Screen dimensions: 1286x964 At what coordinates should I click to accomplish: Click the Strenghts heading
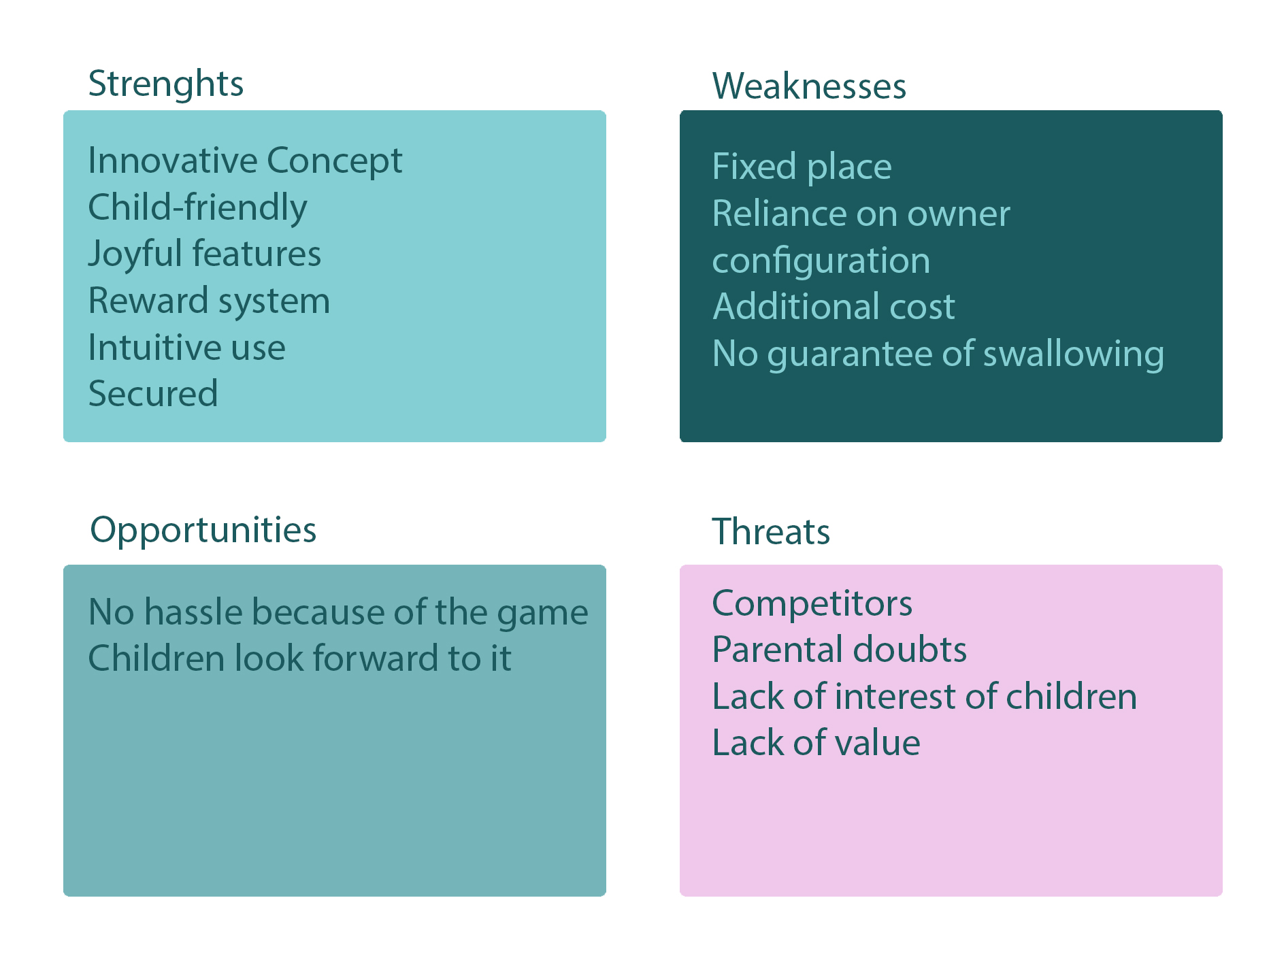166,84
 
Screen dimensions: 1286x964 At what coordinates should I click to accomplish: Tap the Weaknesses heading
809,86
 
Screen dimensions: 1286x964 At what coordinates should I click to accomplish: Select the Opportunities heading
203,531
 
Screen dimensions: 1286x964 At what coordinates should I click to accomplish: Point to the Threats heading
771,531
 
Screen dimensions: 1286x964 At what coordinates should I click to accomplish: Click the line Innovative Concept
246,162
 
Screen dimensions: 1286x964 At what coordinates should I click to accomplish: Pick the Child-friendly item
198,208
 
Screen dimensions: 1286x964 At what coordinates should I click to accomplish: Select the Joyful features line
205,254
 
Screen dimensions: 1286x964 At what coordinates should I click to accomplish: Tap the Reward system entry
210,301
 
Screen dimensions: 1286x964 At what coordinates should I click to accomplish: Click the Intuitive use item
187,348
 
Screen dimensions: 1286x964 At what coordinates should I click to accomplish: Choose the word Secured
153,394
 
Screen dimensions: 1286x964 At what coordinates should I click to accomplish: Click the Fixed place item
802,167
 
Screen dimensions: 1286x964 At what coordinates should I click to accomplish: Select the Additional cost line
834,307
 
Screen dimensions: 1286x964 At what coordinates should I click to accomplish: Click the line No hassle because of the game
338,613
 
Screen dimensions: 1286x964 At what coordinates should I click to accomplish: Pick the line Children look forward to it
300,659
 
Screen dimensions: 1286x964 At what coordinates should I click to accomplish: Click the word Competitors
812,603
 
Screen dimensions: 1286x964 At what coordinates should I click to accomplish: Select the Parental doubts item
840,650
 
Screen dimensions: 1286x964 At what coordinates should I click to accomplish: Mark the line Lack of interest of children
925,697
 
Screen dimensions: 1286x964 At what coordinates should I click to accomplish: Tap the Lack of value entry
817,743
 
